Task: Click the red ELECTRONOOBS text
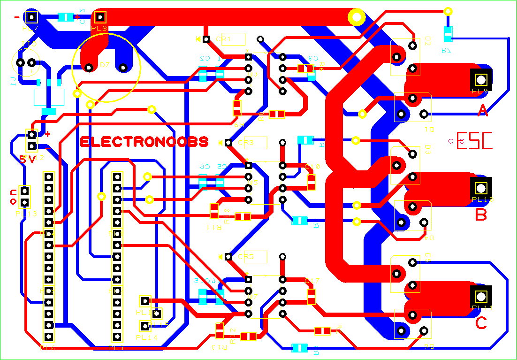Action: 144,142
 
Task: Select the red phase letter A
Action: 482,111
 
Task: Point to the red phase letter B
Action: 481,215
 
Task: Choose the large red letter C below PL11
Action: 481,323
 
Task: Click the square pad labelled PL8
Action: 100,17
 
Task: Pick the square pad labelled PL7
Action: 31,17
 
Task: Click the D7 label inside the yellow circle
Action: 105,65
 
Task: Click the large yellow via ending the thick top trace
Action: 357,18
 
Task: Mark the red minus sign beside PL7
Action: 18,17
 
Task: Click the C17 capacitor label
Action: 312,281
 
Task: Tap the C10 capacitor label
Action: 312,167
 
